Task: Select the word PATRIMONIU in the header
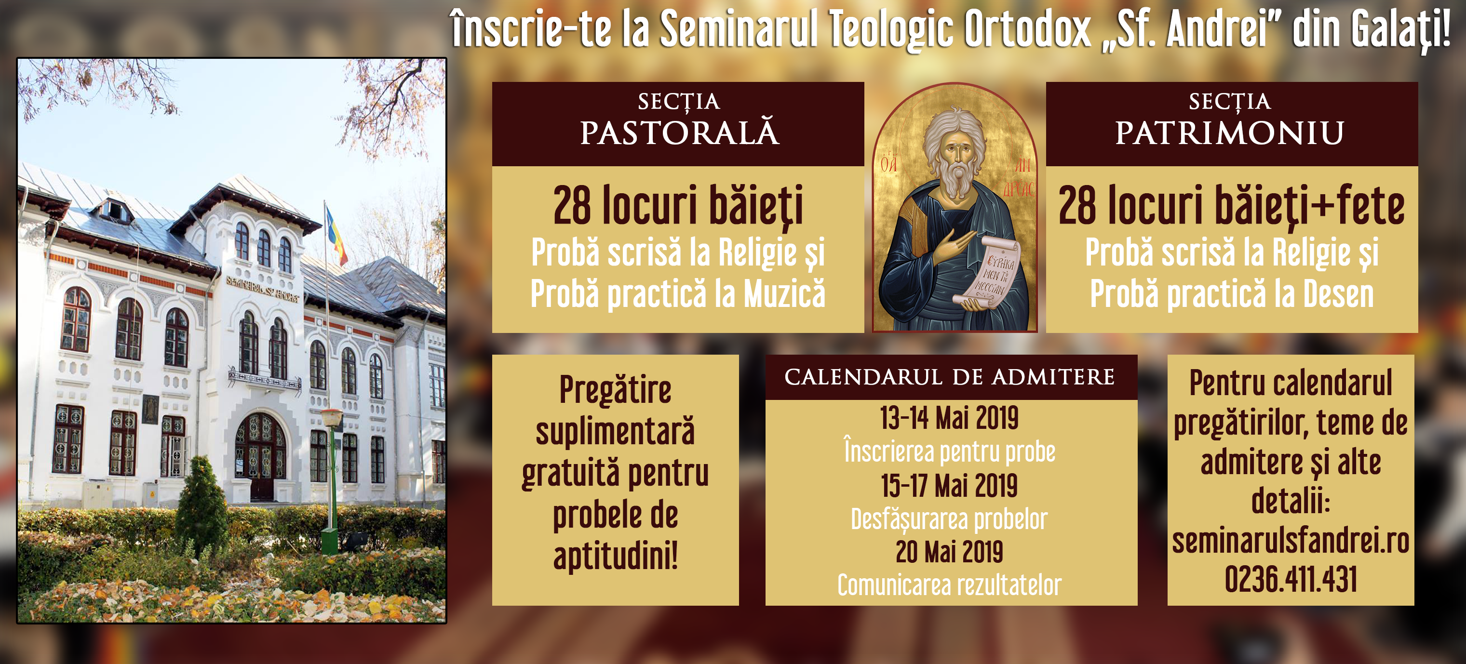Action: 1229,133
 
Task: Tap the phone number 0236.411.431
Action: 1291,579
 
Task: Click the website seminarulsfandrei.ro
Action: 1291,541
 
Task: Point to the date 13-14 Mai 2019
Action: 949,418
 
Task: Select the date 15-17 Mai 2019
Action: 949,485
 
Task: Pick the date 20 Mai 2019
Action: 949,552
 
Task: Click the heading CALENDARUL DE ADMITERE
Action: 949,377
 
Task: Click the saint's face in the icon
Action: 957,152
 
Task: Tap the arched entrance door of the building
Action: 261,457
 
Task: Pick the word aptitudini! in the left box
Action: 616,556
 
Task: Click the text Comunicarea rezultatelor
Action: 949,585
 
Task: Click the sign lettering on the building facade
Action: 262,289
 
